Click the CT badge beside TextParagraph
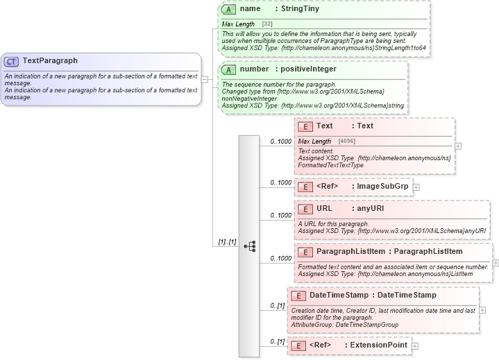[x=12, y=61]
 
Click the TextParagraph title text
[x=50, y=61]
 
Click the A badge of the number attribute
[x=230, y=69]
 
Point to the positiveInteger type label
[x=306, y=69]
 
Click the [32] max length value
[x=267, y=24]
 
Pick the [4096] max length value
[x=348, y=142]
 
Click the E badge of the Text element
[x=306, y=126]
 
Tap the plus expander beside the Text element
[x=458, y=146]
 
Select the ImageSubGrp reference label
[x=382, y=186]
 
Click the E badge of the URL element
[x=306, y=209]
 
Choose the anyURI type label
[x=370, y=209]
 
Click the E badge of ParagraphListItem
[x=306, y=251]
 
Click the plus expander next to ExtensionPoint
[x=415, y=345]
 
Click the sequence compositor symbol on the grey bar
[x=249, y=246]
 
